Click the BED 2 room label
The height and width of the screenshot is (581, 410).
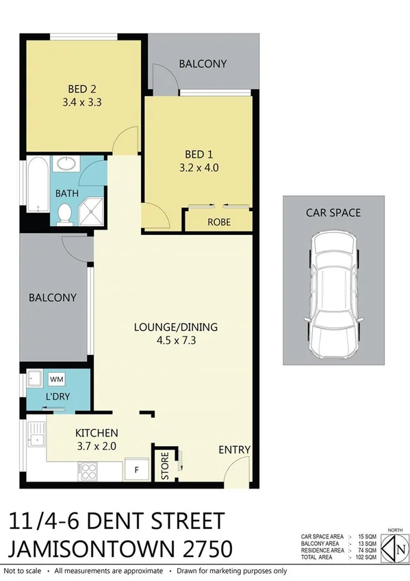[x=85, y=89]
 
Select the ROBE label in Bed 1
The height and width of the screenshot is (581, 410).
[x=218, y=222]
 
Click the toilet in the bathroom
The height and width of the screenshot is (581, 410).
[x=64, y=214]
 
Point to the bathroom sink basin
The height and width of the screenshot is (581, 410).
[x=67, y=164]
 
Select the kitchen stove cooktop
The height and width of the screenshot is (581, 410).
[x=88, y=471]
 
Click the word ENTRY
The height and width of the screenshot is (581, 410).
[x=235, y=449]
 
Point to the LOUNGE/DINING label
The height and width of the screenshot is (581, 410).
[x=175, y=327]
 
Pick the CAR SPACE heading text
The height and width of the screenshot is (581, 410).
[x=333, y=212]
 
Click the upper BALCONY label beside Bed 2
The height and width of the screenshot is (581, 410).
[x=203, y=64]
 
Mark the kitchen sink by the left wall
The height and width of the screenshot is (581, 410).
[x=35, y=438]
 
